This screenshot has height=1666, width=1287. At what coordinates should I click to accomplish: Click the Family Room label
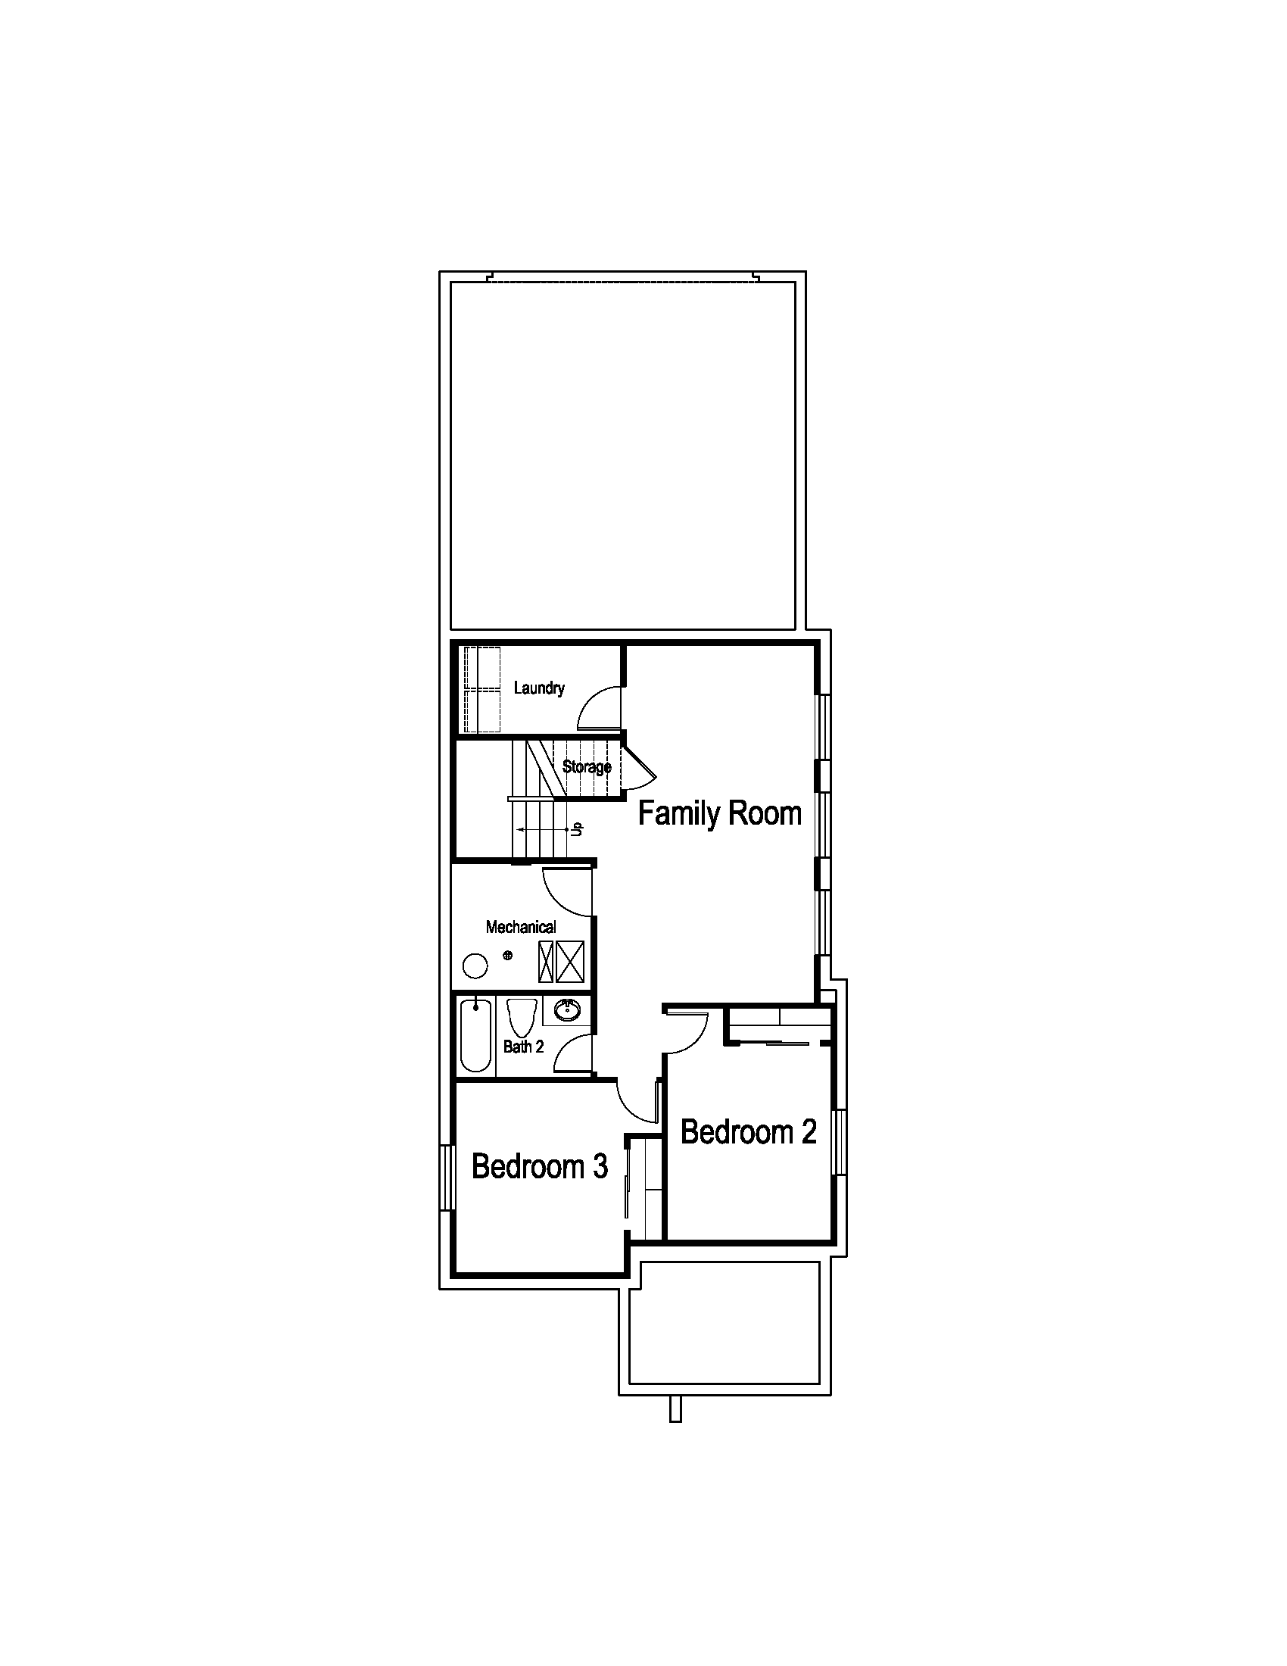[720, 815]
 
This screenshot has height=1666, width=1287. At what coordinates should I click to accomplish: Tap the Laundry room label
[539, 688]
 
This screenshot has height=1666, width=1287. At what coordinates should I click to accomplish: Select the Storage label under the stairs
[587, 766]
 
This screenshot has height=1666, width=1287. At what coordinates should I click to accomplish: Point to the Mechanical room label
[521, 927]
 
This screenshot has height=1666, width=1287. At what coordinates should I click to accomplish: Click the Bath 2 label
[524, 1047]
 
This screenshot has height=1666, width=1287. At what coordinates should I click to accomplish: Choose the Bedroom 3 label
[540, 1166]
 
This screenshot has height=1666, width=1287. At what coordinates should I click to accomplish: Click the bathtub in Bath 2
[475, 1037]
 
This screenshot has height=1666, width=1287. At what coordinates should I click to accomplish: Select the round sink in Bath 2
[566, 1011]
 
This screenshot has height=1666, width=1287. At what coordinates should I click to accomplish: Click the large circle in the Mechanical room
[475, 966]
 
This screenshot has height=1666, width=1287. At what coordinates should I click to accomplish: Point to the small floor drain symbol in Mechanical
[508, 955]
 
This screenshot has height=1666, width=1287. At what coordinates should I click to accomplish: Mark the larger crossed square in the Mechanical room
[570, 961]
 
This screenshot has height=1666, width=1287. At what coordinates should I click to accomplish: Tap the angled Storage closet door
[640, 769]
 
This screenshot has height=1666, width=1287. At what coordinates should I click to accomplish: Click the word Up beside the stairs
[577, 828]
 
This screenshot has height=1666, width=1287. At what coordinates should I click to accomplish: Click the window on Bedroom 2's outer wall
[840, 1142]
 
